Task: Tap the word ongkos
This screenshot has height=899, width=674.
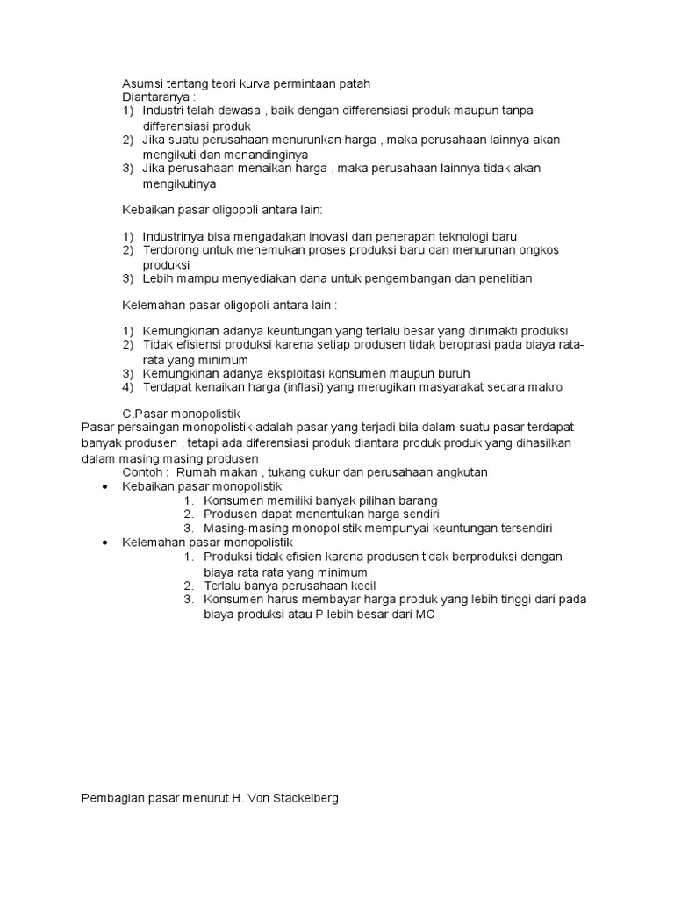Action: click(538, 250)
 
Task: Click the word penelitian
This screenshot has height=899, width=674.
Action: click(501, 278)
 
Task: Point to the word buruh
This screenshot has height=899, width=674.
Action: click(451, 373)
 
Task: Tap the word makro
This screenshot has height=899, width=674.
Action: click(544, 387)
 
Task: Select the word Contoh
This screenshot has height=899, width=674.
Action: click(142, 472)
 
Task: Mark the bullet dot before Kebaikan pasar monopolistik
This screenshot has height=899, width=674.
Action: click(106, 486)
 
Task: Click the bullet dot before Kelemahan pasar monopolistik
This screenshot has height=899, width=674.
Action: click(106, 543)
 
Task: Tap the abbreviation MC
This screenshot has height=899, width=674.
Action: click(426, 615)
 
